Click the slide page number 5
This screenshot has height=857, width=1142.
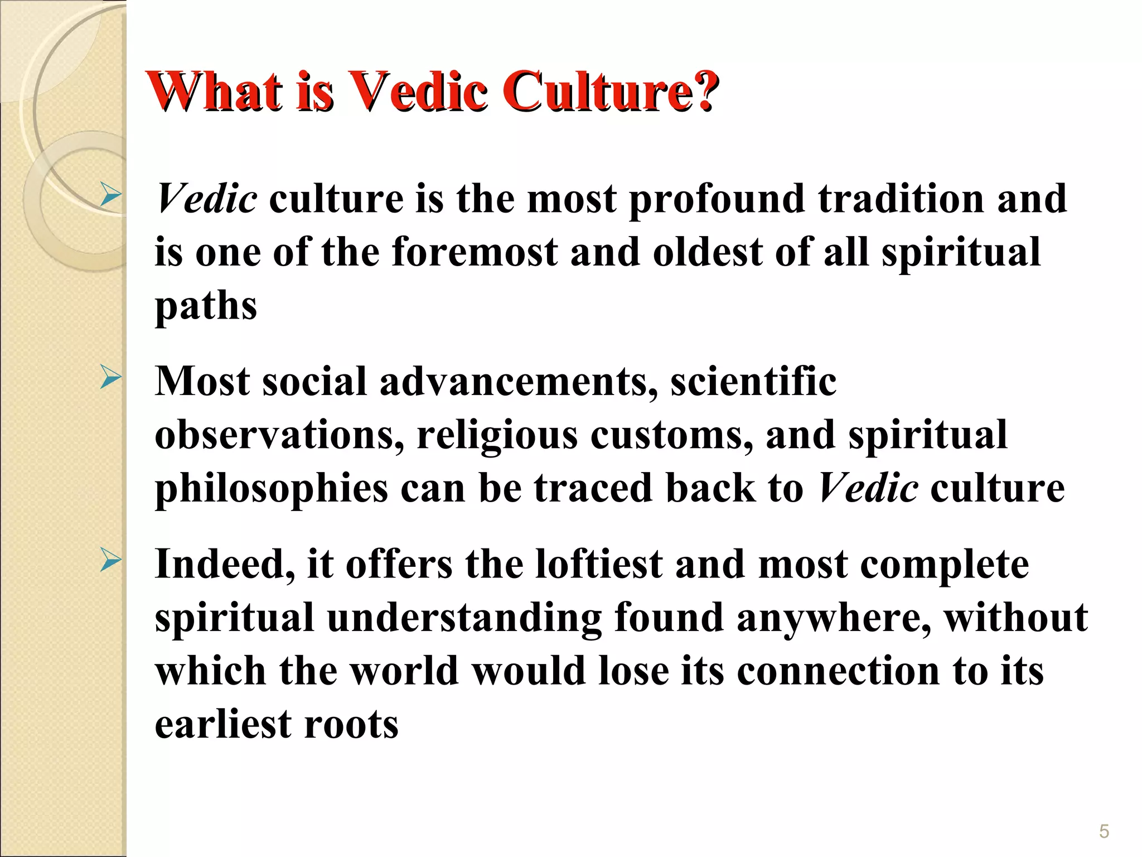[1104, 832]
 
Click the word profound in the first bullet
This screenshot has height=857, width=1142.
[717, 199]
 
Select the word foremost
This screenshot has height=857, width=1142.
[475, 252]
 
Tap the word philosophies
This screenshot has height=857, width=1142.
[271, 488]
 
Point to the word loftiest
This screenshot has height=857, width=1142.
[598, 564]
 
